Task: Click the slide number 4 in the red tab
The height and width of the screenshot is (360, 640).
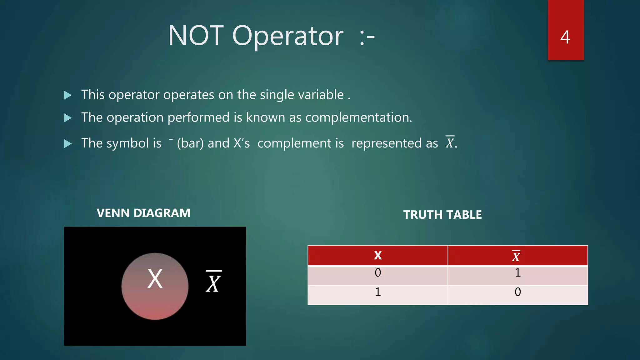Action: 565,37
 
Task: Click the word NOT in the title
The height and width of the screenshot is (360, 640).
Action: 196,36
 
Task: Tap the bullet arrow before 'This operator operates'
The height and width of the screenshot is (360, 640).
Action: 68,95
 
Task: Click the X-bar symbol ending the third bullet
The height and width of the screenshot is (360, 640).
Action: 450,142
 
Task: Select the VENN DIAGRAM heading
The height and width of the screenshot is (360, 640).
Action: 143,213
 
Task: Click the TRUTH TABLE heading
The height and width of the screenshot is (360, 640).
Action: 442,215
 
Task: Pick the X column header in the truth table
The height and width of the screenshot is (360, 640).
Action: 378,256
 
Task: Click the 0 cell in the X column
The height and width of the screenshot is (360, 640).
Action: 378,273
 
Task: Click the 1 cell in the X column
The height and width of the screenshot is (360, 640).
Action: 378,292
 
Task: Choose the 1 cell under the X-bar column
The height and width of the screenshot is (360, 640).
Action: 518,273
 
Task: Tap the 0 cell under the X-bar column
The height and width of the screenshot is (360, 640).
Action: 518,292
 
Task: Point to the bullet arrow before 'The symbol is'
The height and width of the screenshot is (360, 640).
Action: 68,144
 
